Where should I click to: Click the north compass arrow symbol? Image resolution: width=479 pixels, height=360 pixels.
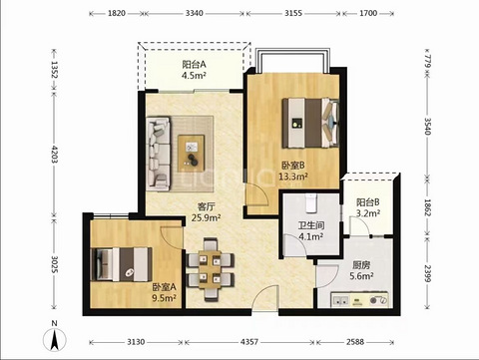[55, 340]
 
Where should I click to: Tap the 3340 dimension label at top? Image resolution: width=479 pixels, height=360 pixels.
[195, 13]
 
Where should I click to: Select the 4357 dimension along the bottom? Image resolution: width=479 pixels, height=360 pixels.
[249, 342]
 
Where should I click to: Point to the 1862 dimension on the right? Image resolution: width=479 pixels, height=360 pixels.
[427, 207]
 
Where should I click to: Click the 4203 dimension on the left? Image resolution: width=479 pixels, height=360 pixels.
[54, 154]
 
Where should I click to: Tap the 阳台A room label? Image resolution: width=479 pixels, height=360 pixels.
[195, 64]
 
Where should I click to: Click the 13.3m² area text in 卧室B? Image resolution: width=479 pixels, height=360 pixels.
[293, 177]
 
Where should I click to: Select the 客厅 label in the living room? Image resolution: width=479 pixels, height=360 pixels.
[207, 206]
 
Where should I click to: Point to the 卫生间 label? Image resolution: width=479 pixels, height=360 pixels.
[311, 225]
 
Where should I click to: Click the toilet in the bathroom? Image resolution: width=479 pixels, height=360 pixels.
[311, 202]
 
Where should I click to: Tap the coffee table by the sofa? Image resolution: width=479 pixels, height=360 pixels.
[191, 153]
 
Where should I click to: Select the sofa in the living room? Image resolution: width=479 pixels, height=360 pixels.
[159, 154]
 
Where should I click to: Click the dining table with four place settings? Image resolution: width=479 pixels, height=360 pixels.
[210, 269]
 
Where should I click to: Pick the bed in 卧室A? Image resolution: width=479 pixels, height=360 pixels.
[122, 264]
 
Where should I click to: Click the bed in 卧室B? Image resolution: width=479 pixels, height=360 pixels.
[310, 123]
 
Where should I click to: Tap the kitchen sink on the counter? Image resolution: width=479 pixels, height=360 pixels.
[341, 300]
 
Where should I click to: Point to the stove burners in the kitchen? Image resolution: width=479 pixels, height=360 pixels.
[379, 300]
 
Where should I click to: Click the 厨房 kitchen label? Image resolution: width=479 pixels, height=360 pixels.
[361, 265]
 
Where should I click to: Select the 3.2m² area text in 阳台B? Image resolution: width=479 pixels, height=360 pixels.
[368, 213]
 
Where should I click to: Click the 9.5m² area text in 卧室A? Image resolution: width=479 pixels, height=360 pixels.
[164, 298]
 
